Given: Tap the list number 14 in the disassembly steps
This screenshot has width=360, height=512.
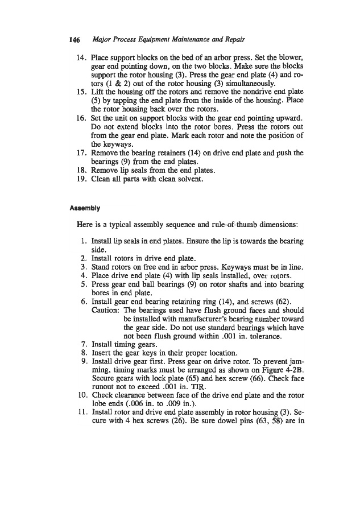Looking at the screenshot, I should [x=81, y=59].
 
